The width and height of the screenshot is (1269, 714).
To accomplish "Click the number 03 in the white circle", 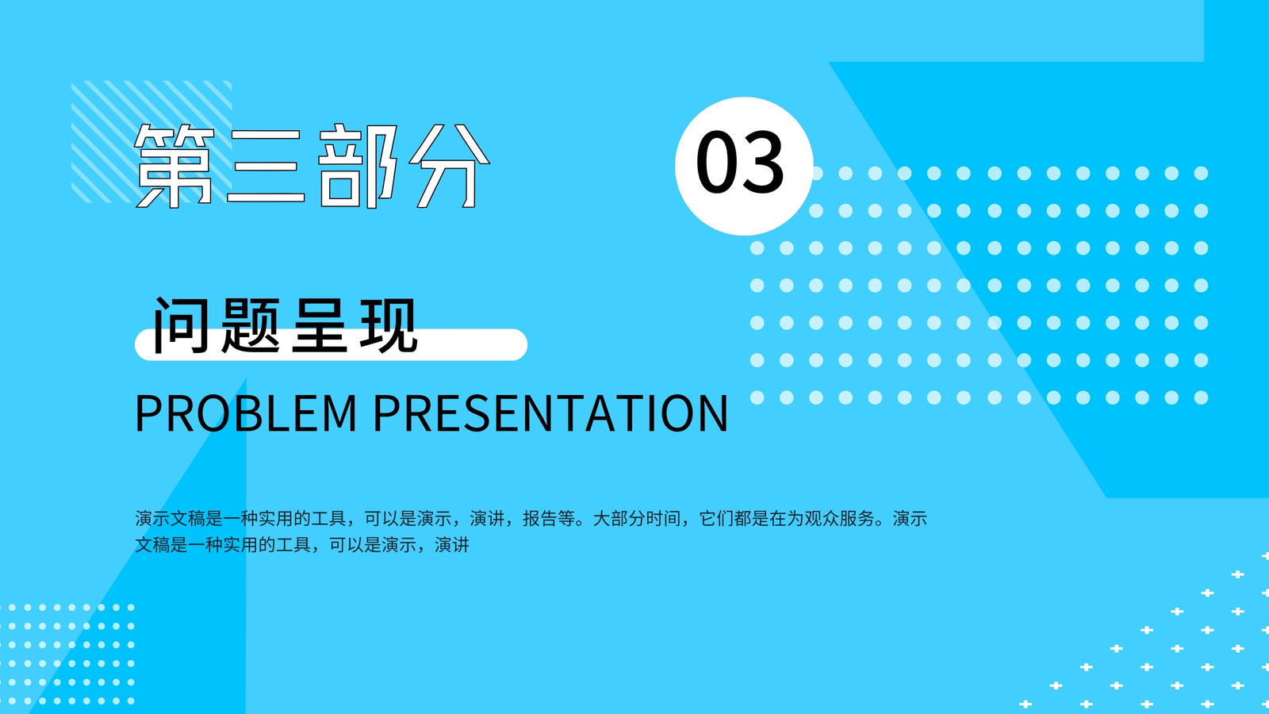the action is (740, 162).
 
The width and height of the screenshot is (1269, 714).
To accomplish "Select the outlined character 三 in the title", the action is (265, 166).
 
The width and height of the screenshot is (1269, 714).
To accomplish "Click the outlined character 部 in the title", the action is (357, 166).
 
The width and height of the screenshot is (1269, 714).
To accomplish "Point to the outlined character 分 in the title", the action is (449, 166).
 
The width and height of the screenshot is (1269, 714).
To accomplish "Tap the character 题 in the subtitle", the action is (251, 325).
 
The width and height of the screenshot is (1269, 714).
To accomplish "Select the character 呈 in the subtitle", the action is (320, 325).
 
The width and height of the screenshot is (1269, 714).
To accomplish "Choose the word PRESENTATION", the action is (550, 413).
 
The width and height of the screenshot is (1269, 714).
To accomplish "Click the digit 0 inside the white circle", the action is (716, 162).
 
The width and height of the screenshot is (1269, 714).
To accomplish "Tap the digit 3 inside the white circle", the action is (763, 162).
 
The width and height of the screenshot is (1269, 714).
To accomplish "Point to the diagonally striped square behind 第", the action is (151, 142).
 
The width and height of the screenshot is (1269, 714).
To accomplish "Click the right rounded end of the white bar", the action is (520, 344).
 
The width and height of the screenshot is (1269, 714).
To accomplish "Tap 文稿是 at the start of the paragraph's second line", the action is (161, 545).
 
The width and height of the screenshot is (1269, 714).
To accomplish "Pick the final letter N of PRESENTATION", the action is (712, 413).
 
